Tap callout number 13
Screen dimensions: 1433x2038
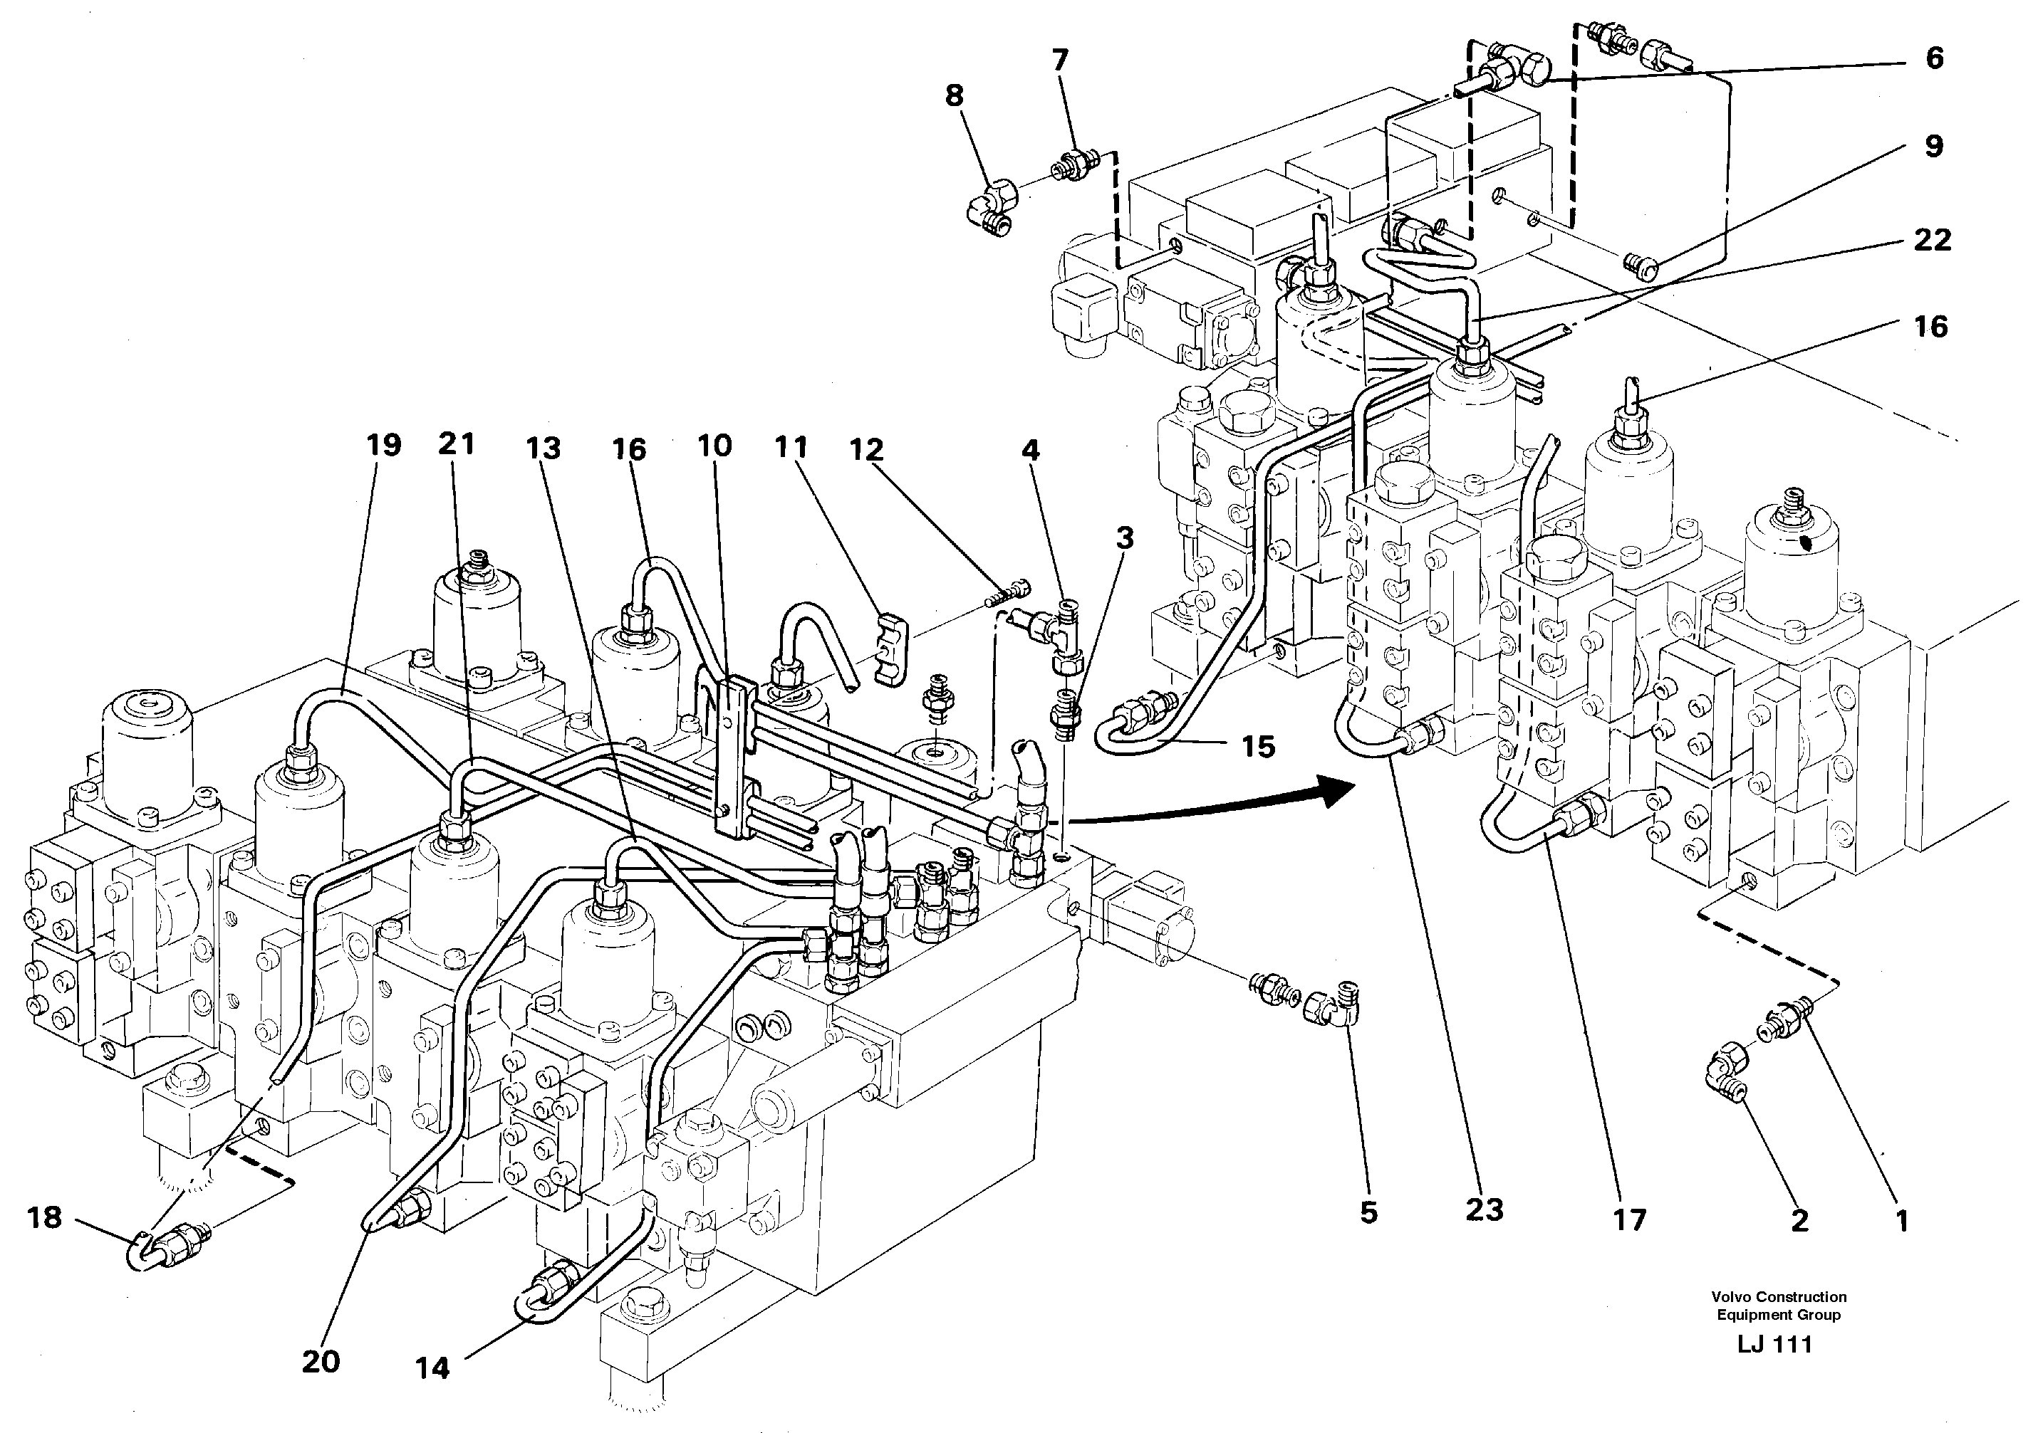coord(542,449)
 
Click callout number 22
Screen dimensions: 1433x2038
coord(1933,240)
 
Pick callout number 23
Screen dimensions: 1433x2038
coord(1484,1209)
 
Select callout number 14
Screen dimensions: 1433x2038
coord(432,1369)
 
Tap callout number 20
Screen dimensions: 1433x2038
coord(321,1361)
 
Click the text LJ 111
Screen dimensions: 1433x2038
coord(1774,1344)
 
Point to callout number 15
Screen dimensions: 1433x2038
coord(1258,746)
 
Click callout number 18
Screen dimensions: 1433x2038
coord(43,1217)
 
